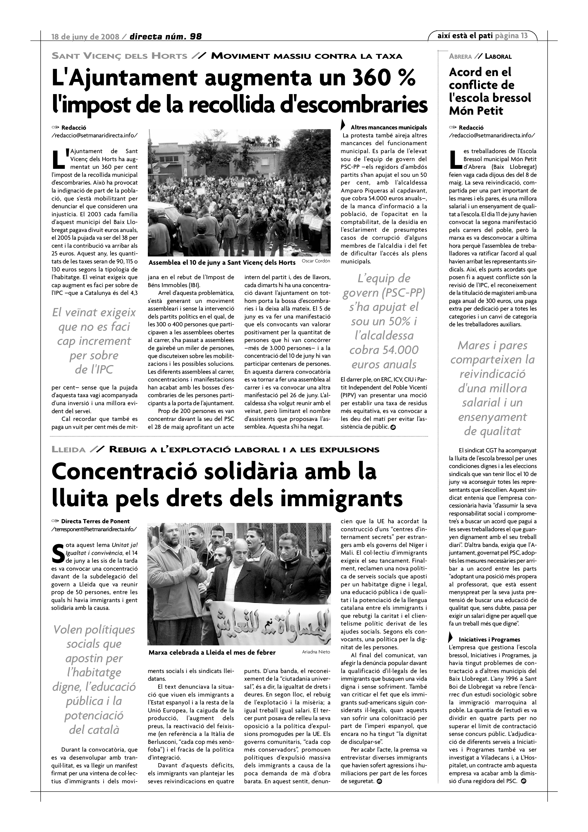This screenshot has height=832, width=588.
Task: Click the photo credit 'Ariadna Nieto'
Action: (316, 652)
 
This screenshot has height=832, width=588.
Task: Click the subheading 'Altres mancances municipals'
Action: (388, 128)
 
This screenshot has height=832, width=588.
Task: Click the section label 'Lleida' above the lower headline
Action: (69, 450)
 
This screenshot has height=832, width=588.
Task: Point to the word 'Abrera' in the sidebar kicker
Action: (460, 56)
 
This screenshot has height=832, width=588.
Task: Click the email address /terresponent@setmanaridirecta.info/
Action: (95, 529)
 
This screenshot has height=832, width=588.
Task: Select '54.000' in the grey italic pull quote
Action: (401, 350)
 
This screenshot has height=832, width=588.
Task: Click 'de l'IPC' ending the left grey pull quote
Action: (94, 370)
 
